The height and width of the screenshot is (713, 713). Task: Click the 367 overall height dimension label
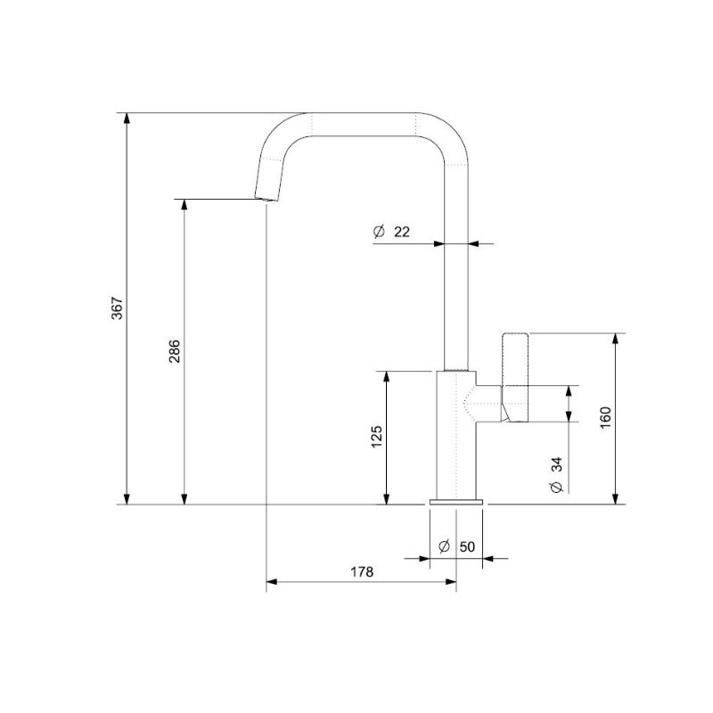pos(117,308)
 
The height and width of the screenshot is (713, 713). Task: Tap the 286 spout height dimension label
pos(175,351)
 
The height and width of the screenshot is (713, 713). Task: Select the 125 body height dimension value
pos(376,437)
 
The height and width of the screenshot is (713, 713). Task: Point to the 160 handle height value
pos(605,418)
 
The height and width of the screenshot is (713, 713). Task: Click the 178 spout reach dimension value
pos(362,571)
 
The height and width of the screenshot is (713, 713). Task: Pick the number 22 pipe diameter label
pos(402,232)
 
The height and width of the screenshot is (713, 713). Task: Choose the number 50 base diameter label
pos(467,546)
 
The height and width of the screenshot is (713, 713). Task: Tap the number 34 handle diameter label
pos(556,464)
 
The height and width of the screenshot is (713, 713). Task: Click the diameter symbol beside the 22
pos(379,232)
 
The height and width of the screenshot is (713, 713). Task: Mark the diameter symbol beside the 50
pos(444,546)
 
